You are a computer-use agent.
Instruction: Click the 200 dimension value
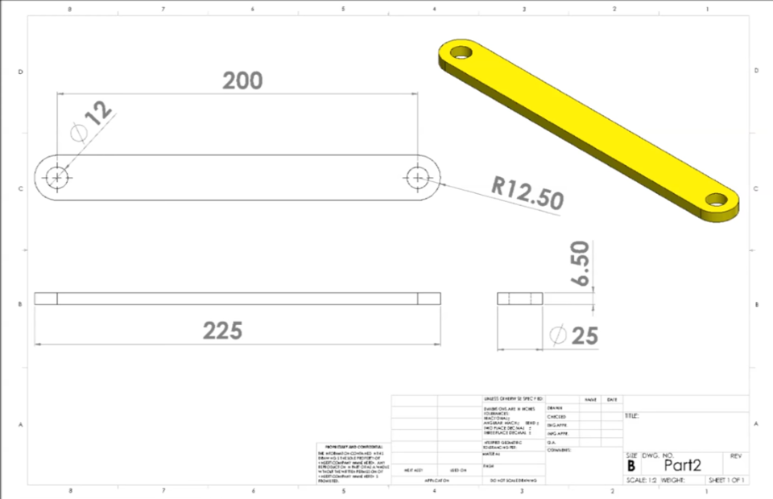pos(242,80)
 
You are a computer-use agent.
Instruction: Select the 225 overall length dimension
pos(222,330)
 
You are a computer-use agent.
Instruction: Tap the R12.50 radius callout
pos(527,193)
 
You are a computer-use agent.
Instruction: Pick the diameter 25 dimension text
pos(573,335)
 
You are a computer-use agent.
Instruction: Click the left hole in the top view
pos(57,176)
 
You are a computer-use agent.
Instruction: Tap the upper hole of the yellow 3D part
pos(461,53)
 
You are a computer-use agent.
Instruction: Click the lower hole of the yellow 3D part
pos(715,200)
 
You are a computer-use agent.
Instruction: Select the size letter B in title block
pos(631,466)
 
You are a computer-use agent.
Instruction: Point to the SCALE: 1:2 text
pos(642,480)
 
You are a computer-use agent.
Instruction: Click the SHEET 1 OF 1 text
pos(726,480)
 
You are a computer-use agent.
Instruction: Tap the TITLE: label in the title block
pos(632,416)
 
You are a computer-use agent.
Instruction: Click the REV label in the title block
pos(734,456)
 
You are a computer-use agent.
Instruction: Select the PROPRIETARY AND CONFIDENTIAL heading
pos(352,446)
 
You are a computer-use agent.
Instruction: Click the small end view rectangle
pos(520,299)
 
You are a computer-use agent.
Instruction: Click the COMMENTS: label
pos(559,450)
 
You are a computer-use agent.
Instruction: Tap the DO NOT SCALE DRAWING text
pos(508,480)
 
